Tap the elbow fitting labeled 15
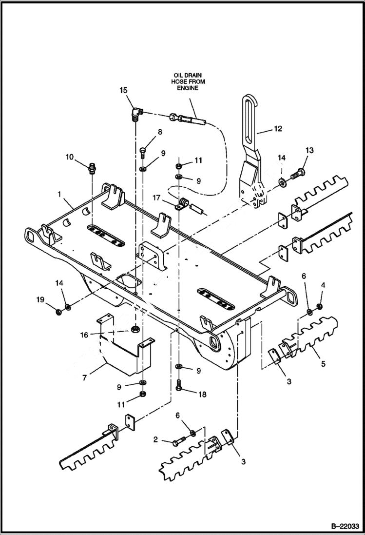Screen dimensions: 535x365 (x=136, y=115)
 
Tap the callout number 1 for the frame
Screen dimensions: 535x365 (x=59, y=194)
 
